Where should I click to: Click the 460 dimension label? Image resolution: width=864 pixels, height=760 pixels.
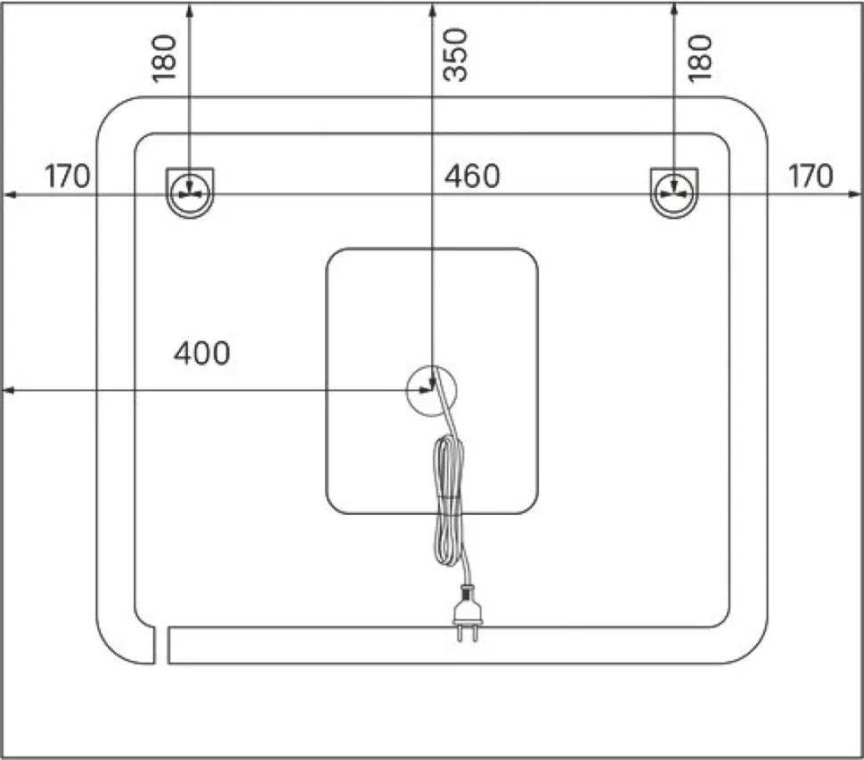(472, 176)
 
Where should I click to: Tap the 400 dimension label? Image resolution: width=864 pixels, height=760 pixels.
(201, 353)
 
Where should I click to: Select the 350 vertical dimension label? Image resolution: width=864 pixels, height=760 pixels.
(455, 55)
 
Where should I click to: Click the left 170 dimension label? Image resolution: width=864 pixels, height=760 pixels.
(67, 176)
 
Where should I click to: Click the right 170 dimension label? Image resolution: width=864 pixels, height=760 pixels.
(811, 176)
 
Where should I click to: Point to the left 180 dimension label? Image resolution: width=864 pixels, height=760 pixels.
(164, 59)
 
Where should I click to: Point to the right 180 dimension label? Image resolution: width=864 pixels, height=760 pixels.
(700, 59)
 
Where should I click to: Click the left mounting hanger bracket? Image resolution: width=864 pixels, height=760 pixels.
(190, 192)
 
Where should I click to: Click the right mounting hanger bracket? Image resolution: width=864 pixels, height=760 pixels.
(674, 192)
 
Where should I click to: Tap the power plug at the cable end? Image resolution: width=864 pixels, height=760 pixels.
(468, 613)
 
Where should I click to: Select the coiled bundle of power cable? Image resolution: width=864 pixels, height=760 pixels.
(449, 500)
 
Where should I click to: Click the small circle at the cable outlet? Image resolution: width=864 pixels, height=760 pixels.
(431, 391)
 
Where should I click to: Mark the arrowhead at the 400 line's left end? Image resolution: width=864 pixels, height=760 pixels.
(8, 391)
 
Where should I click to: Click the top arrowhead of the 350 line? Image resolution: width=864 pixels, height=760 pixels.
(433, 8)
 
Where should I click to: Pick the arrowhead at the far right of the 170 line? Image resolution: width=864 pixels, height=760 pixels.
(854, 194)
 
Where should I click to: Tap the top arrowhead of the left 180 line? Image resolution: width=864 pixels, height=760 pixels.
(190, 8)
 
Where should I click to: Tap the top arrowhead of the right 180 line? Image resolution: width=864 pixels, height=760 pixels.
(674, 8)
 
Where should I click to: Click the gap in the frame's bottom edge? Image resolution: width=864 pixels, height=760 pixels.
(161, 645)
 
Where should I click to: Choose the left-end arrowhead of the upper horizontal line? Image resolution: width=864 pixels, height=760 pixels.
(9, 194)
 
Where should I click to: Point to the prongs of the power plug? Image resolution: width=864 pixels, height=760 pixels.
(468, 633)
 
